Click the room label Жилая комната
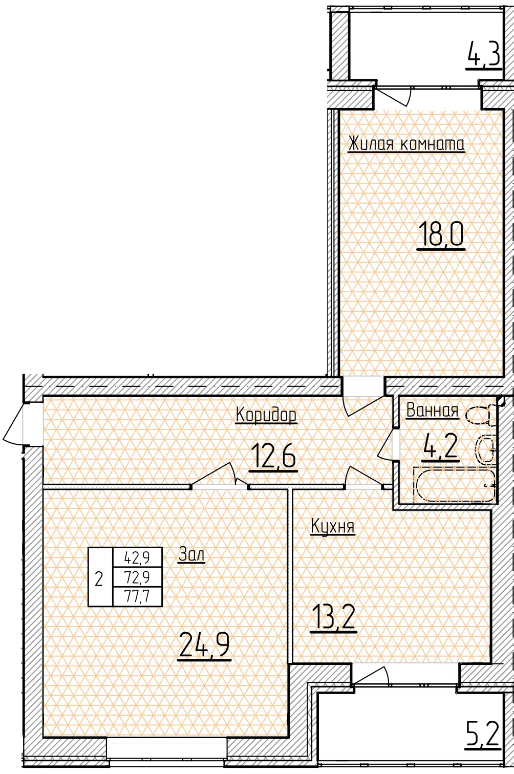(x=406, y=144)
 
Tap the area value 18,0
(x=441, y=234)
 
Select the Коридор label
(x=266, y=415)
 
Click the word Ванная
(x=432, y=411)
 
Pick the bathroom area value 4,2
(x=441, y=447)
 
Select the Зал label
(x=191, y=555)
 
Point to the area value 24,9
(x=204, y=646)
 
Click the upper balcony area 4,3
(x=484, y=55)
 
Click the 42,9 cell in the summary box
(x=137, y=557)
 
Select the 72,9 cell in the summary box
(x=137, y=576)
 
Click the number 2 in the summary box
(x=99, y=579)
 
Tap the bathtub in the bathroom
(x=456, y=484)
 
